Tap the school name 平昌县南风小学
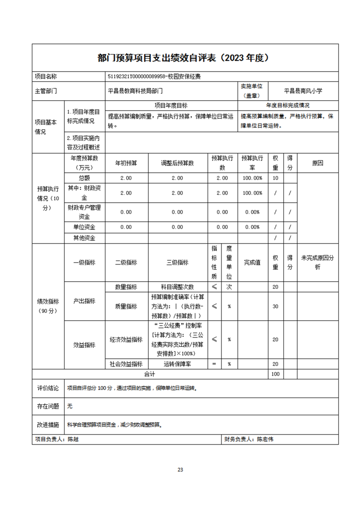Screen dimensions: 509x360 click(x=303, y=91)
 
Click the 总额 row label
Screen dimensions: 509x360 click(x=84, y=178)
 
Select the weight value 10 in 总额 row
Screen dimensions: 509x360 click(x=275, y=178)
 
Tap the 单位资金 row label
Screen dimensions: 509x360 click(x=84, y=227)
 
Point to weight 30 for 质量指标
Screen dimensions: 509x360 click(x=275, y=306)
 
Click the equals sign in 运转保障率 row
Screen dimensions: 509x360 click(x=214, y=364)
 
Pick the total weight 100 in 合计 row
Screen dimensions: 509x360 click(x=275, y=374)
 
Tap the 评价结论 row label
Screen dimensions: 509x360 click(x=48, y=388)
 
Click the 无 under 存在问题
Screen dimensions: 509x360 click(x=69, y=406)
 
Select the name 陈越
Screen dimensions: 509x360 click(x=73, y=439)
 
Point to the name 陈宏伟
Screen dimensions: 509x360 click(x=265, y=439)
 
